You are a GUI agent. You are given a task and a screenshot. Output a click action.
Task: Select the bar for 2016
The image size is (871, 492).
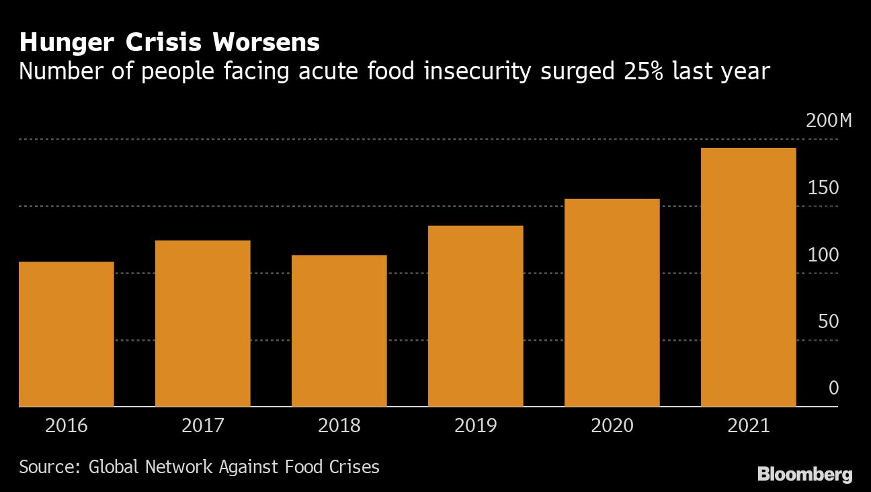(67, 334)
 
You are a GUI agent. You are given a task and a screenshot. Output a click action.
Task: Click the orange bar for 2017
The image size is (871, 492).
(203, 323)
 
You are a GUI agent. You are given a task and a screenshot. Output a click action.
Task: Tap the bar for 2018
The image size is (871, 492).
(339, 331)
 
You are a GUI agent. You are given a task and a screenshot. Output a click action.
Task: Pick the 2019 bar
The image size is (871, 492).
(476, 316)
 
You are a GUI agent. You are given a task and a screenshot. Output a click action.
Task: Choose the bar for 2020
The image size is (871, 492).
(612, 302)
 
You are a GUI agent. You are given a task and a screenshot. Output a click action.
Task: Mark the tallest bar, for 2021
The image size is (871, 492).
(749, 277)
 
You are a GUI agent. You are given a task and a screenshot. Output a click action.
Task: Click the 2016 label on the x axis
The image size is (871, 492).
(67, 425)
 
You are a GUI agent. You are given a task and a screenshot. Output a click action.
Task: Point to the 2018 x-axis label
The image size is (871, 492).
(339, 425)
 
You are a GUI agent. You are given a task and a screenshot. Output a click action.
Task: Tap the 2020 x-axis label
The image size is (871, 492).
(612, 425)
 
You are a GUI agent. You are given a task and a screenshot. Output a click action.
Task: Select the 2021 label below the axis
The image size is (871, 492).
(749, 425)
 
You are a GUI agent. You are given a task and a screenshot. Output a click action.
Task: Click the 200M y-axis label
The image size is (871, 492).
(829, 121)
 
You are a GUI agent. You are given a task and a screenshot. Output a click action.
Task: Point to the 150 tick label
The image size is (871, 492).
(823, 188)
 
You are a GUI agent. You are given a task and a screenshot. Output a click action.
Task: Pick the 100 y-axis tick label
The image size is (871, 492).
(823, 255)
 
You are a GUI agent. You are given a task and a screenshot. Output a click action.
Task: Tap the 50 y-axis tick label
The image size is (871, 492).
(829, 321)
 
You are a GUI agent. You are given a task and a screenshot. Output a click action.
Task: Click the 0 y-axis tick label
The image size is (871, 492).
(833, 388)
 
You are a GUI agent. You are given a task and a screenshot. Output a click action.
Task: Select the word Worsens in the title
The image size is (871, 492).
(266, 43)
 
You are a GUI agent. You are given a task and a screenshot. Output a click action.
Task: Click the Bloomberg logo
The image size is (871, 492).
(804, 474)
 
